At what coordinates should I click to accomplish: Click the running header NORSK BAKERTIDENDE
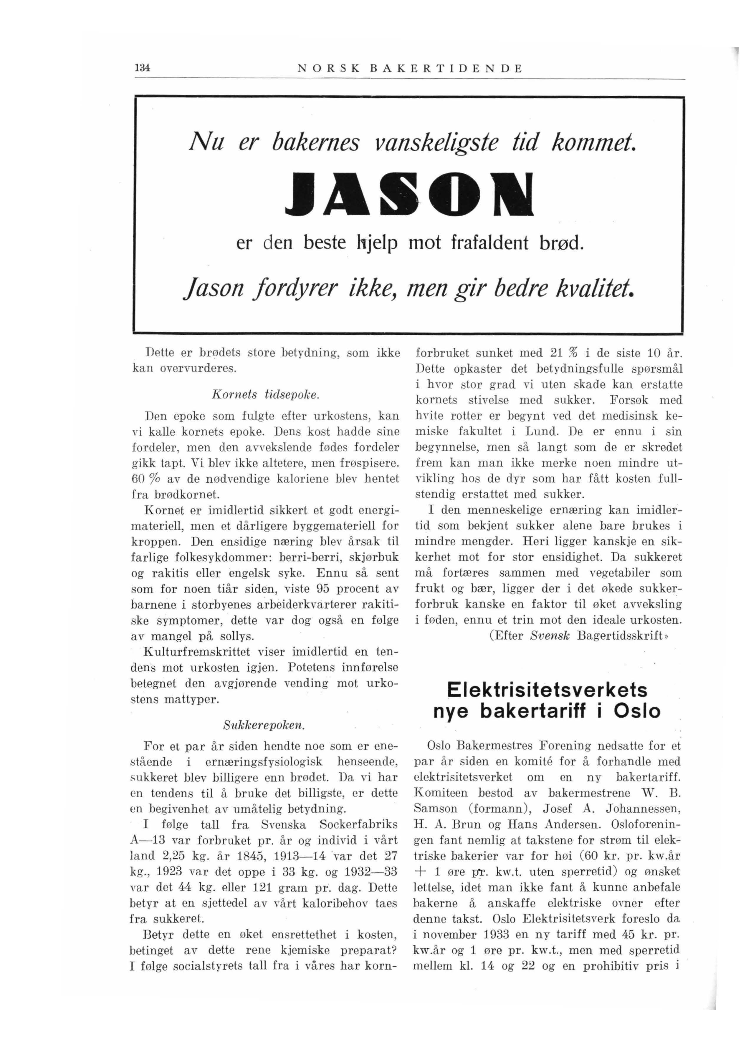coord(410,69)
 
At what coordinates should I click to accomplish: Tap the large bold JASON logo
coord(409,194)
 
